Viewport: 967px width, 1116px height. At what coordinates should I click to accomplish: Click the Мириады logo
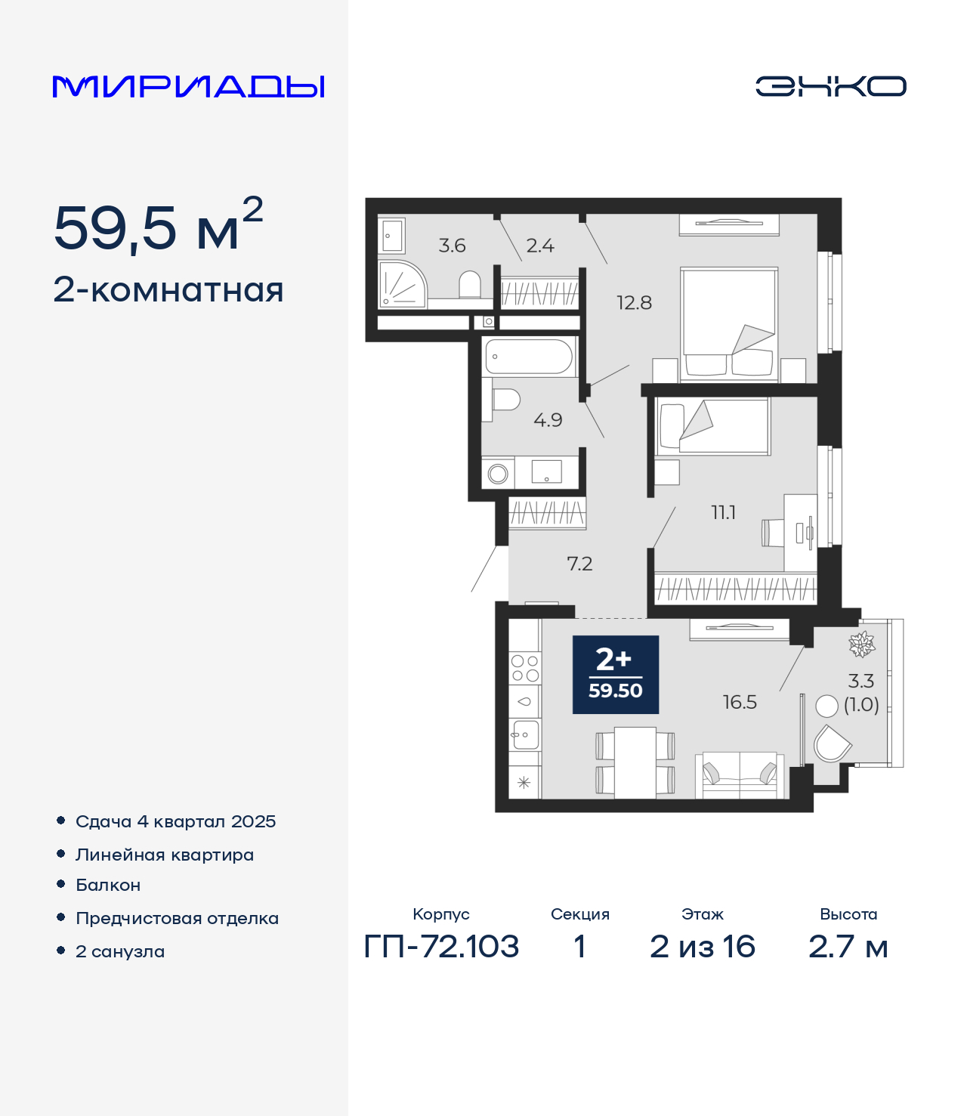(x=188, y=87)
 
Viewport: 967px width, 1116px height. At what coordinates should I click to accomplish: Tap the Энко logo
(x=830, y=86)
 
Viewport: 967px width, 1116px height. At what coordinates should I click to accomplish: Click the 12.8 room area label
(x=635, y=303)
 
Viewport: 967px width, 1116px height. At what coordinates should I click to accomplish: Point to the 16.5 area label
(x=740, y=703)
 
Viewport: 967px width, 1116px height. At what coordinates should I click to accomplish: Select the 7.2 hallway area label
(x=579, y=564)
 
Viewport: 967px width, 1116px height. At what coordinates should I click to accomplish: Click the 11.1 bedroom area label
(x=724, y=512)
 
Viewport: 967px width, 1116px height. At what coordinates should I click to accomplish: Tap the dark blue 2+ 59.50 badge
(x=616, y=675)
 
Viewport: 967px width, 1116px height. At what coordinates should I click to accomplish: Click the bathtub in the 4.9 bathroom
(x=529, y=357)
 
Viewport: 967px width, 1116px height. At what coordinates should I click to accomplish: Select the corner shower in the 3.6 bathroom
(x=402, y=284)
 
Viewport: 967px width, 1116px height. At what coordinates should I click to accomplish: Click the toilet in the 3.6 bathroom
(x=470, y=285)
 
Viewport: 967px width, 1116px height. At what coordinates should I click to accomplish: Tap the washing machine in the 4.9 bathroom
(x=498, y=474)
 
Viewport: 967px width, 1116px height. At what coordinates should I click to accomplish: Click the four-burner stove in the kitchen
(x=525, y=669)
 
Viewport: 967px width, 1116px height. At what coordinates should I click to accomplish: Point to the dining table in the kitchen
(x=635, y=762)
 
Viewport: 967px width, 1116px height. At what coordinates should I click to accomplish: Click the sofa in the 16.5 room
(x=739, y=776)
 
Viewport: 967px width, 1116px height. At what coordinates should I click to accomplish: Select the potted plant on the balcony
(x=862, y=644)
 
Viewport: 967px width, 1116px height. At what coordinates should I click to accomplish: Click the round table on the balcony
(x=826, y=706)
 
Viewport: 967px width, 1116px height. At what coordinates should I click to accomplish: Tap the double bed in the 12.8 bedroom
(x=729, y=324)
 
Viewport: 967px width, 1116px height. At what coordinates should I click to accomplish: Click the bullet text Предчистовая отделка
(x=177, y=918)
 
